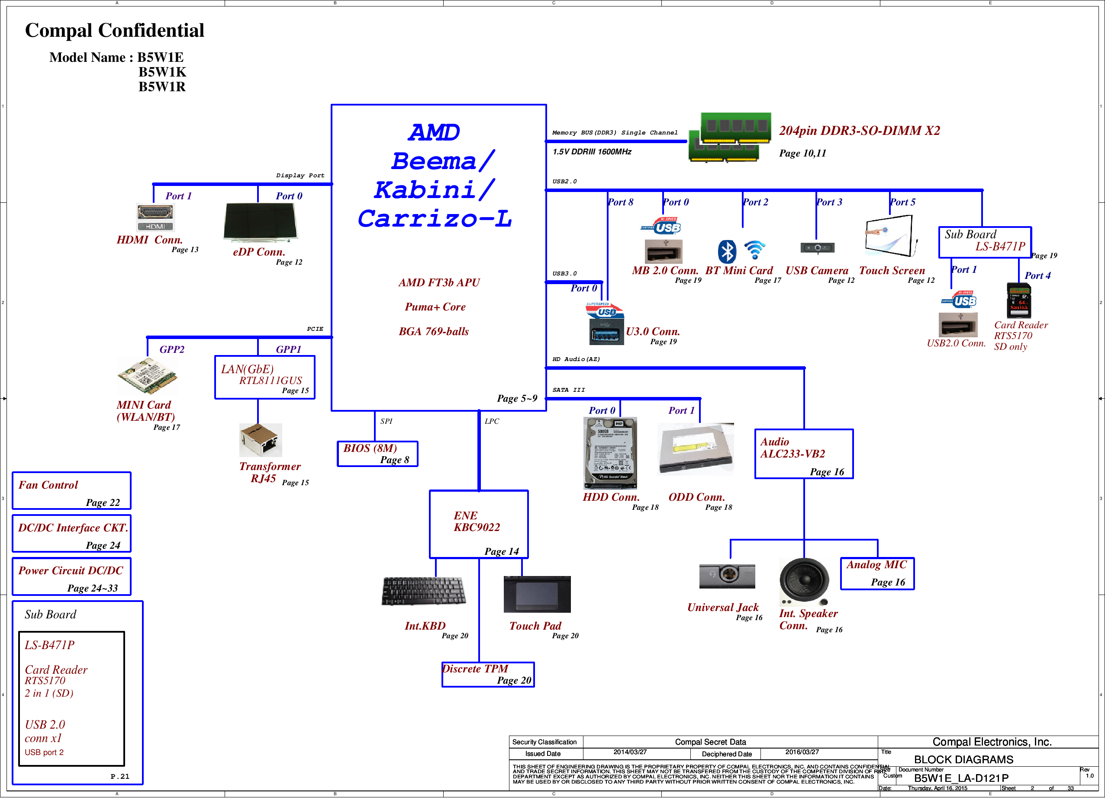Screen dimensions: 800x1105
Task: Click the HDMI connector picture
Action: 155,217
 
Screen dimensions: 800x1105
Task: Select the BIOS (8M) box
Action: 377,453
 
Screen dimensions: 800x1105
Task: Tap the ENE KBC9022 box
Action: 478,524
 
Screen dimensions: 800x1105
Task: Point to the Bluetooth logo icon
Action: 727,251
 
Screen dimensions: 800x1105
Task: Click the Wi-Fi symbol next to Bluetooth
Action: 755,250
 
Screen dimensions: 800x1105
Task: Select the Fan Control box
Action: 71,491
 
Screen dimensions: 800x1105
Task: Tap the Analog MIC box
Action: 877,573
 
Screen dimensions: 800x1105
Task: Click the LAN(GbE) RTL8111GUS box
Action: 264,378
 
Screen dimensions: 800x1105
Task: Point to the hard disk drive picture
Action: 610,453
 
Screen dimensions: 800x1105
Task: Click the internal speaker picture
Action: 804,580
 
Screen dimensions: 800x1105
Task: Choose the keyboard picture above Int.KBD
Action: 423,591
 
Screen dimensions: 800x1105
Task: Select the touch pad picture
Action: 537,594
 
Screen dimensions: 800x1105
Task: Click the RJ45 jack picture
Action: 261,440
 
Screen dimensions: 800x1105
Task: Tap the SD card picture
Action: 1018,301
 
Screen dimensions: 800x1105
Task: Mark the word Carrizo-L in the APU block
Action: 435,219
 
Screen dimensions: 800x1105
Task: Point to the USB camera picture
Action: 817,248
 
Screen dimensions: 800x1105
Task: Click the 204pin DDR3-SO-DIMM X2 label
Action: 860,131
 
